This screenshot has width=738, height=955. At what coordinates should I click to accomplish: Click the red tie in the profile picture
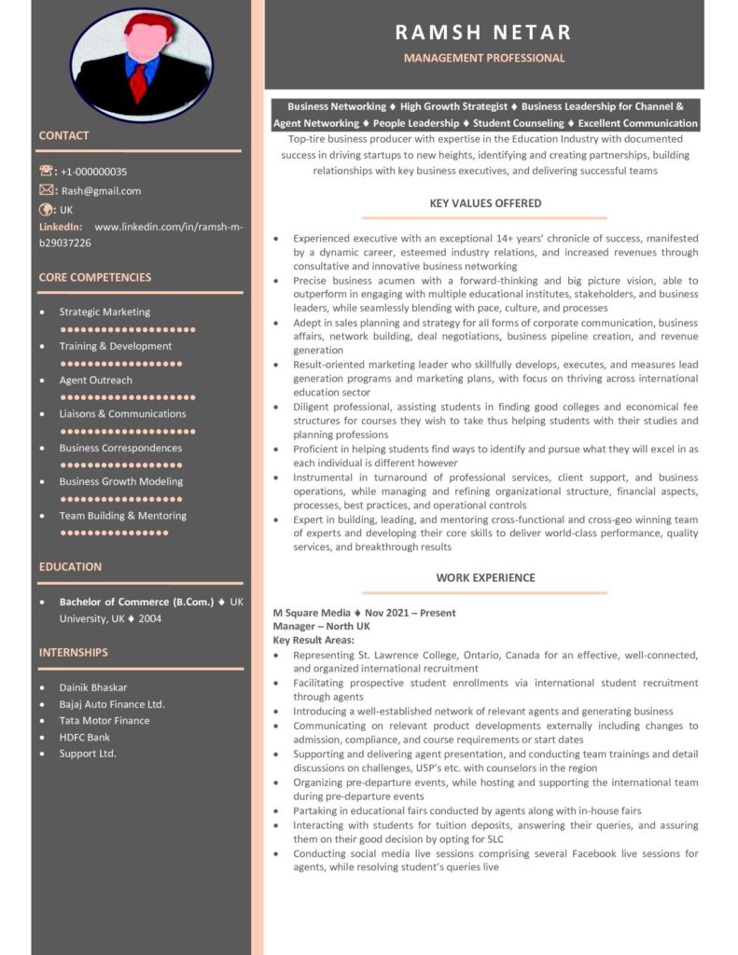139,82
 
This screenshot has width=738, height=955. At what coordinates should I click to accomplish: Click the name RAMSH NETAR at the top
483,33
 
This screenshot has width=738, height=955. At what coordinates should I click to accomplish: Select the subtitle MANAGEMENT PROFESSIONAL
483,58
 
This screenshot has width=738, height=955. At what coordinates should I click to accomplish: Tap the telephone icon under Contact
48,171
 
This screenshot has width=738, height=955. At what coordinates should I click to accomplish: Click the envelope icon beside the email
48,190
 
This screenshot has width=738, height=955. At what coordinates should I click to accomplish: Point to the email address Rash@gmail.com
101,191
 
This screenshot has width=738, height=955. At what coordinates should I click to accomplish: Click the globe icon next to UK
48,210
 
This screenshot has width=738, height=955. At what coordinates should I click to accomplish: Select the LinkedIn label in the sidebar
61,227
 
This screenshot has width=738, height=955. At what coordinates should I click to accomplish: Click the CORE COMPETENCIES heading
94,277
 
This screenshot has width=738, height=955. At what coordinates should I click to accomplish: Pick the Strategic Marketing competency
104,312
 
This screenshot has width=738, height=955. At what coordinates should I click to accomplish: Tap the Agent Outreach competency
96,381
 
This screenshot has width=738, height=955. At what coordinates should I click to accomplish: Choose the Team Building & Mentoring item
122,516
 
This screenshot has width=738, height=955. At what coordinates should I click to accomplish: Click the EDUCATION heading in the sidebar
70,566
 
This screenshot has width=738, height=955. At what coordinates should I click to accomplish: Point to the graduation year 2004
149,618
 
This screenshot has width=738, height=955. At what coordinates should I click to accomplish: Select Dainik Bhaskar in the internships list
93,687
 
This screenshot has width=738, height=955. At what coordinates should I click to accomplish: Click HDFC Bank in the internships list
85,737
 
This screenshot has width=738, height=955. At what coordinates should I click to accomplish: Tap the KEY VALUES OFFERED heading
485,203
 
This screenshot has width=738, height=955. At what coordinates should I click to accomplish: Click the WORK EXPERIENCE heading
485,577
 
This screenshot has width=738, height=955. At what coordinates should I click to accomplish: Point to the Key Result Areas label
313,640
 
